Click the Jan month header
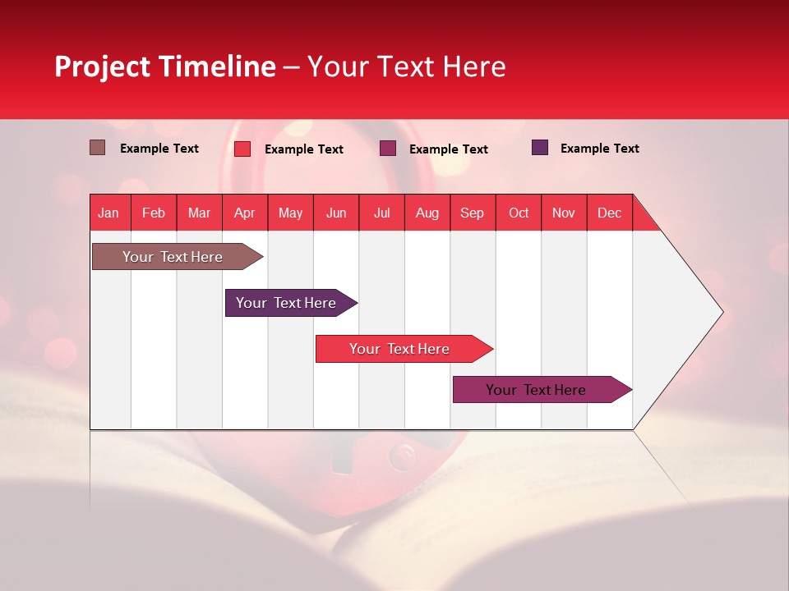pyautogui.click(x=108, y=213)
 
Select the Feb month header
pyautogui.click(x=154, y=213)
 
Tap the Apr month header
pyautogui.click(x=244, y=213)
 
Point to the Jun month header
pyautogui.click(x=336, y=213)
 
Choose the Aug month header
pyautogui.click(x=427, y=213)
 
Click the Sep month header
pyautogui.click(x=472, y=213)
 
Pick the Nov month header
pyautogui.click(x=563, y=213)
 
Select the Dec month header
pyautogui.click(x=609, y=213)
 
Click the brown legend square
pyautogui.click(x=97, y=148)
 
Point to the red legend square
pyautogui.click(x=242, y=149)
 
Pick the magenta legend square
pyautogui.click(x=388, y=149)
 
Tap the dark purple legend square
pyautogui.click(x=540, y=148)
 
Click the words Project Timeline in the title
pyautogui.click(x=164, y=66)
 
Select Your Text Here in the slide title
pyautogui.click(x=406, y=66)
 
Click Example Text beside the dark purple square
pyautogui.click(x=599, y=149)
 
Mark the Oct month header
pyautogui.click(x=519, y=213)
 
